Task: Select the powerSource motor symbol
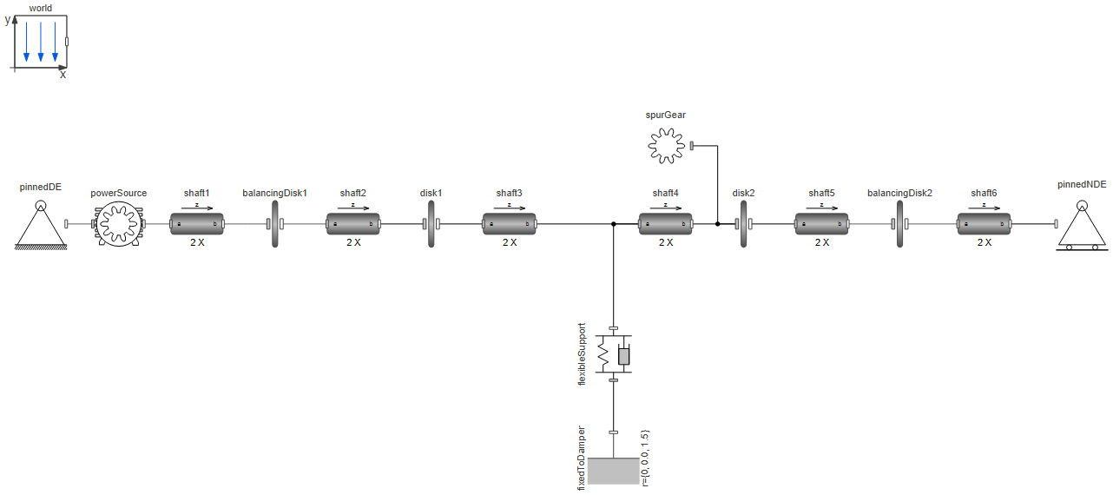point(119,224)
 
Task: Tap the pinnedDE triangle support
point(40,227)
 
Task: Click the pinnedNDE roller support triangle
point(1081,227)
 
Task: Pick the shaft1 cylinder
point(197,224)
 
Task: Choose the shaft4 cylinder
point(666,224)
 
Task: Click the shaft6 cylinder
point(984,224)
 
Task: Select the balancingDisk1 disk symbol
point(275,224)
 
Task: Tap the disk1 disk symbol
point(431,224)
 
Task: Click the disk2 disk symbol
point(744,224)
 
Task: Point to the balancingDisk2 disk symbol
point(899,224)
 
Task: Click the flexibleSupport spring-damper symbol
point(614,354)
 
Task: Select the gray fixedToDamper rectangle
point(613,471)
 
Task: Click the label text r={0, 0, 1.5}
point(645,458)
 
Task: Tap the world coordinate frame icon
point(40,41)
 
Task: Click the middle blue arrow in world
point(41,42)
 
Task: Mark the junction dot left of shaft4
point(614,224)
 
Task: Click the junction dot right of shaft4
point(718,224)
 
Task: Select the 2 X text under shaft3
point(510,242)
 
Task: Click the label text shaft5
point(821,193)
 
